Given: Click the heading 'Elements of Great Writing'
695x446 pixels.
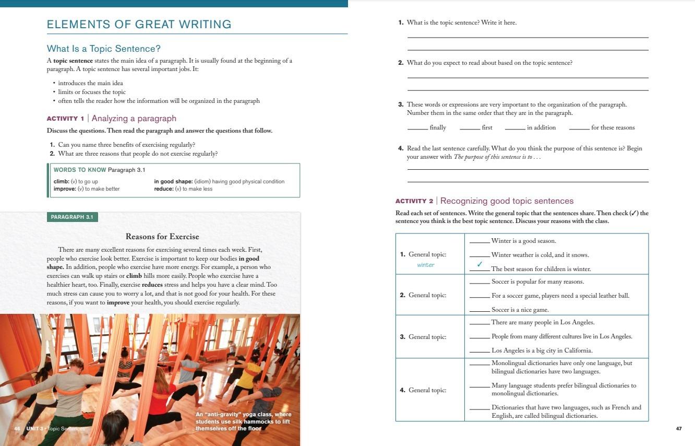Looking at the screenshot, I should [139, 25].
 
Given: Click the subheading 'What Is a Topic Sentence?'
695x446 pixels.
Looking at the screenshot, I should [103, 49].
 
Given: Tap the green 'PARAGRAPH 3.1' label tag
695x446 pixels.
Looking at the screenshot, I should [72, 217].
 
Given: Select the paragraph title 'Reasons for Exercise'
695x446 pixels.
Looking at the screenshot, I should [162, 237].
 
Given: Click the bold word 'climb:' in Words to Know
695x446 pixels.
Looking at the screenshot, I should [61, 182].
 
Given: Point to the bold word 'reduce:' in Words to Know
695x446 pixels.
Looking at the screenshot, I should [164, 189].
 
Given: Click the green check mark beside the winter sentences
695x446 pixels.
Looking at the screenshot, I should [480, 264].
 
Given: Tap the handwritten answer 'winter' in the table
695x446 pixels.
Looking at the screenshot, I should [426, 265].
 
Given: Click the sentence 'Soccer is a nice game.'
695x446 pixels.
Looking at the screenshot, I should [512, 310].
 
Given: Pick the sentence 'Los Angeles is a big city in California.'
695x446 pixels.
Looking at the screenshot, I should [542, 350].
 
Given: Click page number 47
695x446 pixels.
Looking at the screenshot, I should [678, 429].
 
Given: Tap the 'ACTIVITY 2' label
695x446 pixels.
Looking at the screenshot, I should [414, 201].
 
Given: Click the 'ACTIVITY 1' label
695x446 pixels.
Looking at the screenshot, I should [65, 119].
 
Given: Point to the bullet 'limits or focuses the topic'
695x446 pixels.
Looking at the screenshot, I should [92, 92].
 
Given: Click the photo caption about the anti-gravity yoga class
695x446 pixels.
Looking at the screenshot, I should [243, 421].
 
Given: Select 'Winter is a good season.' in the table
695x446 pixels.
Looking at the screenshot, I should [523, 241].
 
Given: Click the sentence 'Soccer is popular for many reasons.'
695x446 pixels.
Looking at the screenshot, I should [537, 281].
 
